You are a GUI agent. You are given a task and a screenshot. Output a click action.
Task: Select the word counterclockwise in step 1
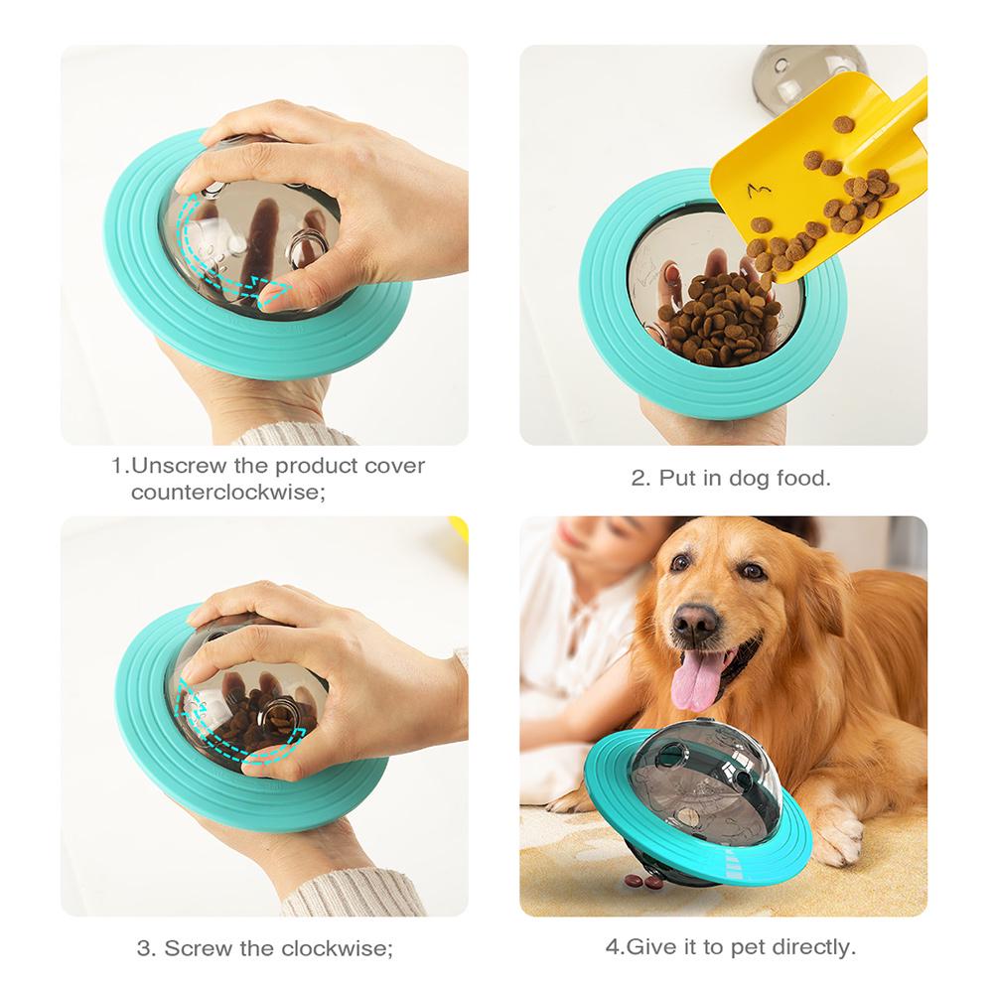point(227,492)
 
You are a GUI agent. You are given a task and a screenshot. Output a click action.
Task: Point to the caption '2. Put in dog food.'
point(731,478)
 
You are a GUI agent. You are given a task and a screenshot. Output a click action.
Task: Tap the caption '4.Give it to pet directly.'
point(730,946)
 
